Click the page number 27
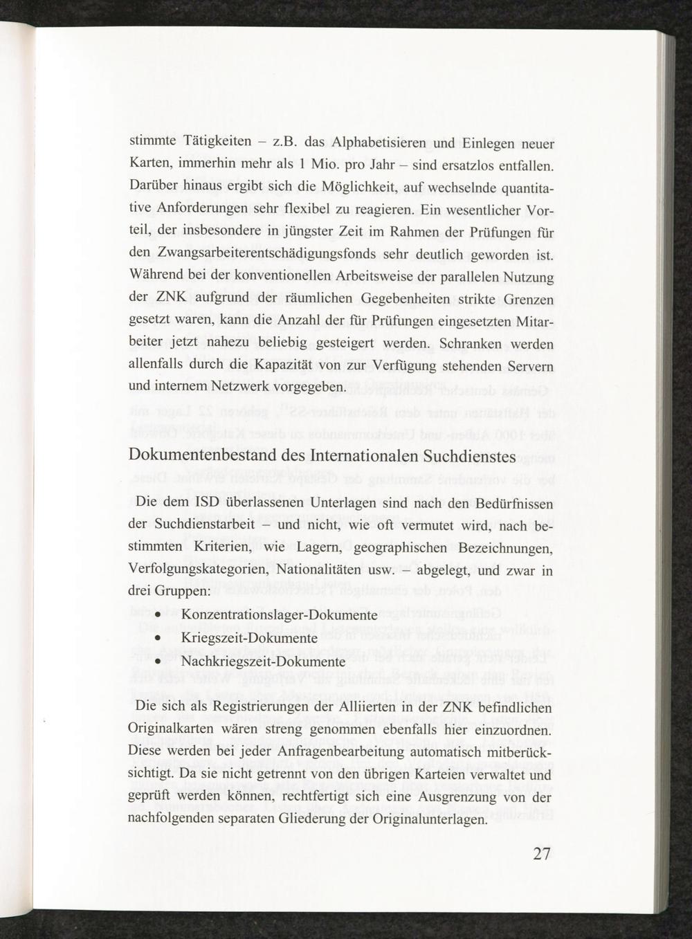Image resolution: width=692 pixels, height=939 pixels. point(542,853)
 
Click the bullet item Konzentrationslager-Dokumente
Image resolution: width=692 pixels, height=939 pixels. point(279,614)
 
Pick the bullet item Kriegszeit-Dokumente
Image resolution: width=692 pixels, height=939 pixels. point(249,637)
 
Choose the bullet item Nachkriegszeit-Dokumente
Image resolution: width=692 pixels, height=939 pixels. point(263,661)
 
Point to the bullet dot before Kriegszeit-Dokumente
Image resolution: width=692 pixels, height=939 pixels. point(158,638)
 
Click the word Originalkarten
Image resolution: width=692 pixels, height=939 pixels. point(173,730)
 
